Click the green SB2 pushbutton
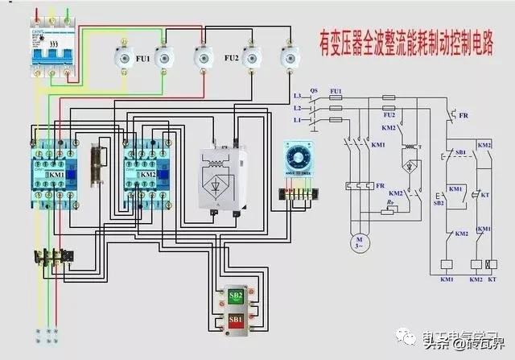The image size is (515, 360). (236, 295)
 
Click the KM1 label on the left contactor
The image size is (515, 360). (56, 174)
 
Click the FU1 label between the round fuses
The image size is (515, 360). (142, 58)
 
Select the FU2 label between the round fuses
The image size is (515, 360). (232, 58)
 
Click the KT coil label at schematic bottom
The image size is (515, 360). (492, 279)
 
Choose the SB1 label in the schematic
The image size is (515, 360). (459, 152)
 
